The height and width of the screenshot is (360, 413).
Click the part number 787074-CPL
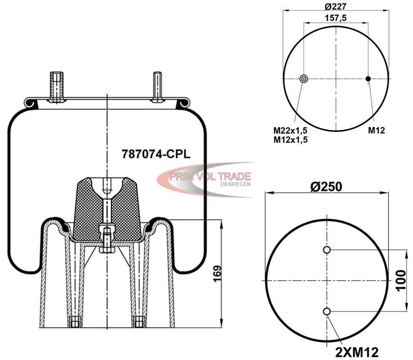pos(156,154)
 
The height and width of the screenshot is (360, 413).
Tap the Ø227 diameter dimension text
pos(335,6)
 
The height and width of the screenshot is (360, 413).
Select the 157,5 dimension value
pos(335,18)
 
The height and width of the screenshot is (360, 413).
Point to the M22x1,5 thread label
pos(290,130)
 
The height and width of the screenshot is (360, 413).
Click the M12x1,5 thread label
pos(290,140)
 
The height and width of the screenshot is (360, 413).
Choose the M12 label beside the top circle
pos(376,130)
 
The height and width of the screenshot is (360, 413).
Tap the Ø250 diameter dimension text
pos(326,187)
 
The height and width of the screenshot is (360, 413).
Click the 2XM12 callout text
pos(357,352)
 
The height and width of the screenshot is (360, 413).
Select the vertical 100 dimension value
pos(401,280)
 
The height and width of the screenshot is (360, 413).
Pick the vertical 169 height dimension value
pos(217,274)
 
